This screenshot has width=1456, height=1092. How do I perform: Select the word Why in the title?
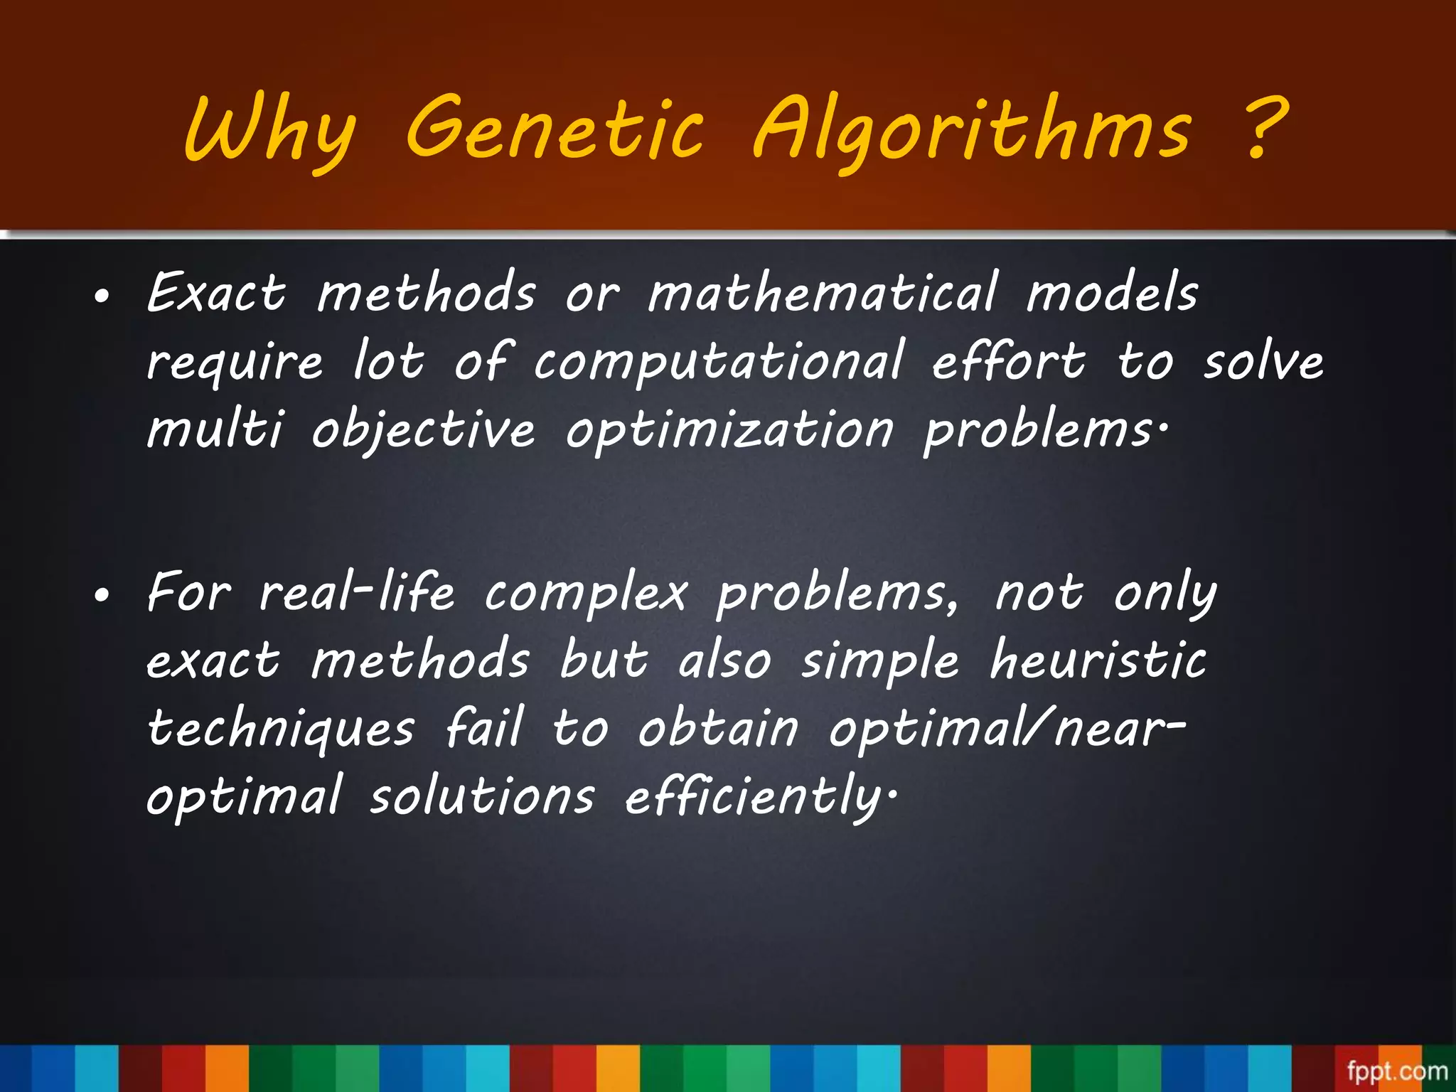click(269, 131)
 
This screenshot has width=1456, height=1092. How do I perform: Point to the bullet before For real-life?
click(102, 596)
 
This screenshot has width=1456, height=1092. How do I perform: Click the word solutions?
click(482, 796)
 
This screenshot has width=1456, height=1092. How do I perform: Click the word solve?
click(1263, 361)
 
